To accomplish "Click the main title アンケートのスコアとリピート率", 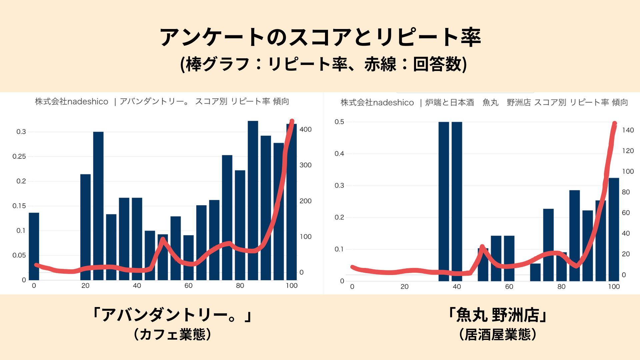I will pyautogui.click(x=320, y=37).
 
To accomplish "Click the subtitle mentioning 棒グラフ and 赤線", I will pyautogui.click(x=323, y=64).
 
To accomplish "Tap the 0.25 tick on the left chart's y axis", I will pyautogui.click(x=19, y=156).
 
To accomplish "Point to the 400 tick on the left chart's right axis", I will pyautogui.click(x=305, y=129).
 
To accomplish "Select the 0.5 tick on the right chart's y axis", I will pyautogui.click(x=339, y=122).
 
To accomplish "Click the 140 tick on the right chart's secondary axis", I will pyautogui.click(x=628, y=130).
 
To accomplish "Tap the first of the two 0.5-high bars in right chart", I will pyautogui.click(x=444, y=200).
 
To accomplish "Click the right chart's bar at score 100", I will pyautogui.click(x=614, y=230).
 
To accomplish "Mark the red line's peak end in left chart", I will pyautogui.click(x=292, y=121).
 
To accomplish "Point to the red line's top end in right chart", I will pyautogui.click(x=615, y=124).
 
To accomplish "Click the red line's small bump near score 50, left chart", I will pyautogui.click(x=163, y=239).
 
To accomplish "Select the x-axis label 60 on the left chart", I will pyautogui.click(x=188, y=286).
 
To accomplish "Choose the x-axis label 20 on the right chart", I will pyautogui.click(x=404, y=287).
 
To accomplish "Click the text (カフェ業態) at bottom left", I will pyautogui.click(x=172, y=334).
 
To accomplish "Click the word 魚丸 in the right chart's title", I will pyautogui.click(x=490, y=102).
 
